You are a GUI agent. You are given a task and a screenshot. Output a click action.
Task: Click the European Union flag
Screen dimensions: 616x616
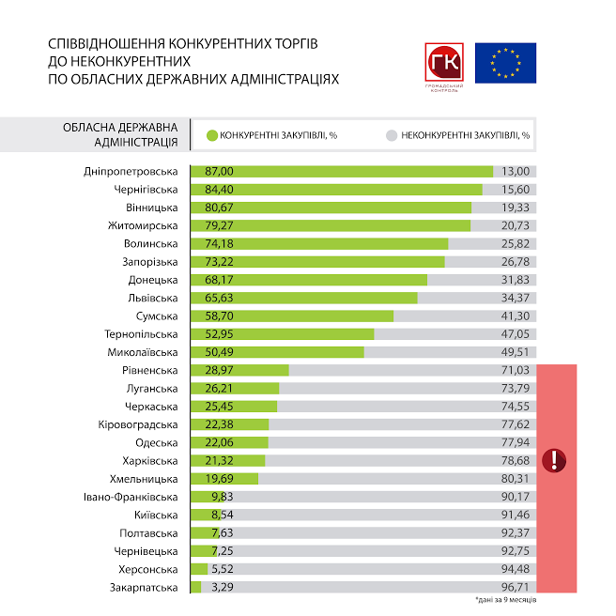point(505,63)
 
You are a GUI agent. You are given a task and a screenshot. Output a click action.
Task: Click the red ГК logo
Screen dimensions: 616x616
point(443,64)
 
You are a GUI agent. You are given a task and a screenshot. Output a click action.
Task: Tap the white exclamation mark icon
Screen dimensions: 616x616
point(558,460)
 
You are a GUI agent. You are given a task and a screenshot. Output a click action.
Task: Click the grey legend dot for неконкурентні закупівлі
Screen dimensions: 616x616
point(391,135)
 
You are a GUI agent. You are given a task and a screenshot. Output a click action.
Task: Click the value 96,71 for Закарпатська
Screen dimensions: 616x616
point(516,588)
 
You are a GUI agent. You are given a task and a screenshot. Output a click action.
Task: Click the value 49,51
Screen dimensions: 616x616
point(516,352)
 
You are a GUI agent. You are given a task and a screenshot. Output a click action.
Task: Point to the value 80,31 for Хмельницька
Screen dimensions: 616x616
point(516,479)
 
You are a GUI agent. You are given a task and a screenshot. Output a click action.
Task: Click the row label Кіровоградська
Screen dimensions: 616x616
point(137,424)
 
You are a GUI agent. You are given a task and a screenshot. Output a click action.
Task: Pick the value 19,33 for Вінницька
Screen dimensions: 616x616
point(516,208)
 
